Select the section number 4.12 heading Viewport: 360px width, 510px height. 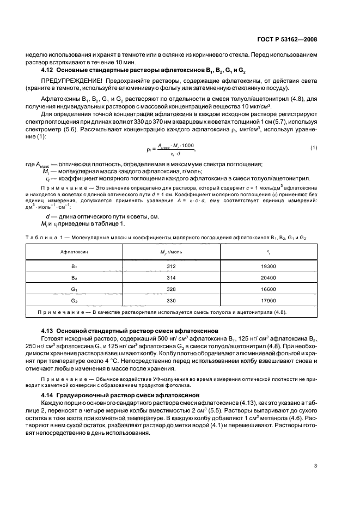(49, 70)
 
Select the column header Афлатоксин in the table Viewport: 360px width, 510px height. (73, 238)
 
